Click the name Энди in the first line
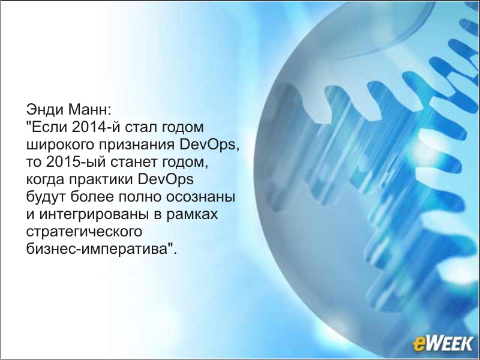44,110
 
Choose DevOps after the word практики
166,179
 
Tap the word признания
137,145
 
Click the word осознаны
200,197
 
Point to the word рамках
192,215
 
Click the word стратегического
84,232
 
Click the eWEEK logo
443,343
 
